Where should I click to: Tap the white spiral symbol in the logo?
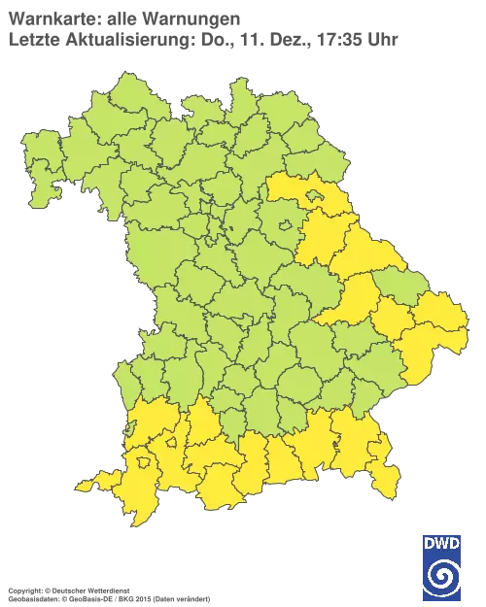pyautogui.click(x=442, y=575)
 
